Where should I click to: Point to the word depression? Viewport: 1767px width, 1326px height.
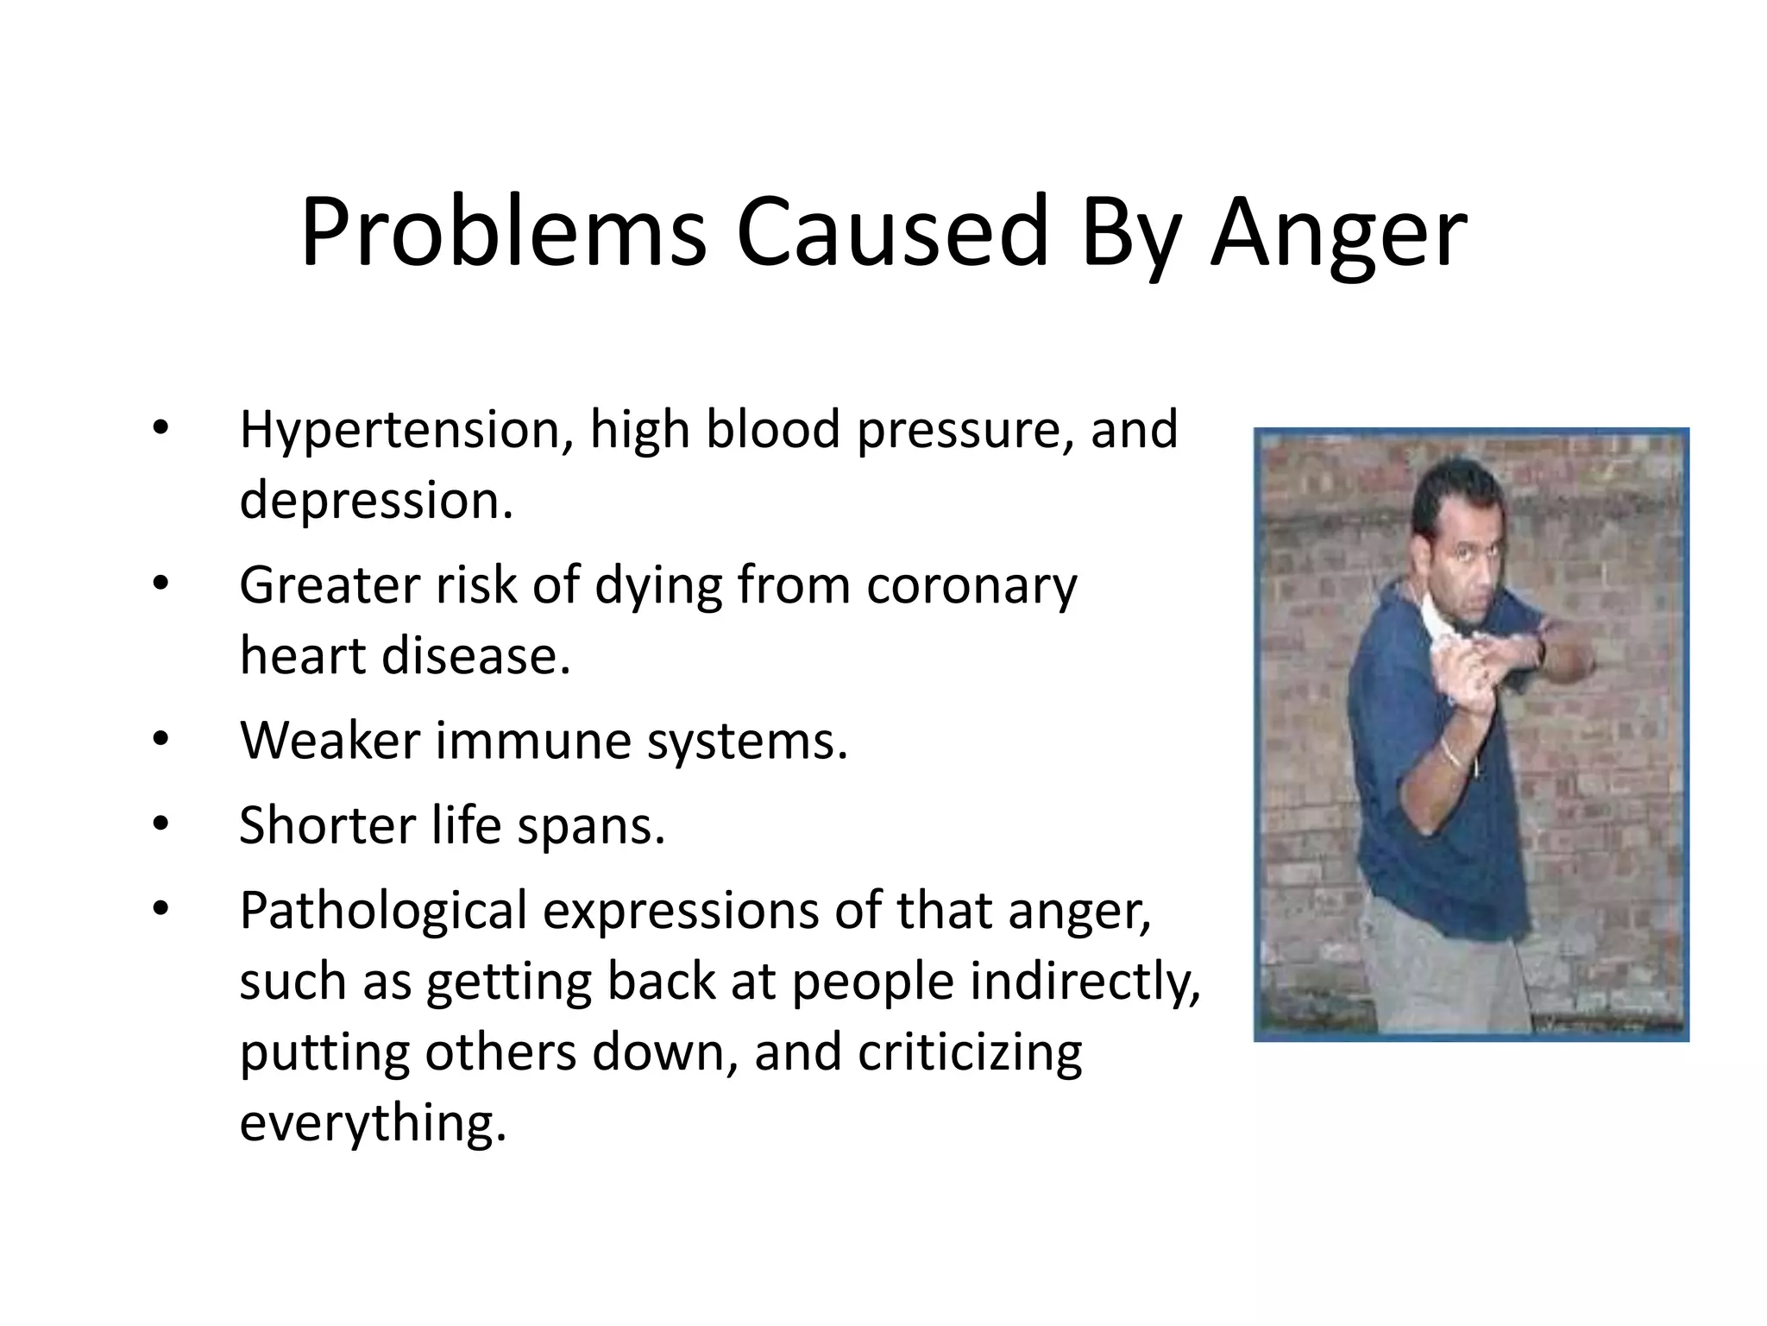[x=376, y=501]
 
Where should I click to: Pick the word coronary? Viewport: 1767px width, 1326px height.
[x=972, y=585]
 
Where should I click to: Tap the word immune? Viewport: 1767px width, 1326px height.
[x=532, y=741]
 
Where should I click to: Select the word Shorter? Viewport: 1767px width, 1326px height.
[x=327, y=825]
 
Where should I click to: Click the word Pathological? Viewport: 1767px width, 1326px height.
[x=383, y=912]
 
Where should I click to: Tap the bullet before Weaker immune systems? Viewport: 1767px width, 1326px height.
[x=160, y=740]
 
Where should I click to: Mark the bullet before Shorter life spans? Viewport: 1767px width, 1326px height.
[x=160, y=824]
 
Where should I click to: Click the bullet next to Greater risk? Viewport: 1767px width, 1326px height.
[x=160, y=584]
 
